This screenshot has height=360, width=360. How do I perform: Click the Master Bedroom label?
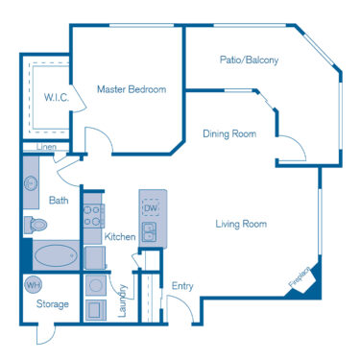click(x=132, y=89)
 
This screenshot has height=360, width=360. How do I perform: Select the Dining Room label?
click(x=229, y=134)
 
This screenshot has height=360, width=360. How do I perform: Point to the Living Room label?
click(x=241, y=225)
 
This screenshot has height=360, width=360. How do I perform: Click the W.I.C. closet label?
click(x=55, y=97)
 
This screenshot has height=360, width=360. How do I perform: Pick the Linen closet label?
click(x=45, y=147)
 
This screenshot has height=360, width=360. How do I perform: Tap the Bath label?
click(x=58, y=201)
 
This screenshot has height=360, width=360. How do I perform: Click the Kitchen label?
click(x=120, y=236)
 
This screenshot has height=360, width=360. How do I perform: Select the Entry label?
click(x=182, y=285)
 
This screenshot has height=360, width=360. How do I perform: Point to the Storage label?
click(x=53, y=304)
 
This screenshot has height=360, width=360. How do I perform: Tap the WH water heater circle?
click(x=32, y=285)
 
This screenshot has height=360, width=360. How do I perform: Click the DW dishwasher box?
click(x=151, y=208)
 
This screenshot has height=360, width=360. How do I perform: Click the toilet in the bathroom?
click(x=36, y=225)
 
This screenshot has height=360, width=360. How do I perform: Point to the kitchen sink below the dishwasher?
click(x=150, y=232)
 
